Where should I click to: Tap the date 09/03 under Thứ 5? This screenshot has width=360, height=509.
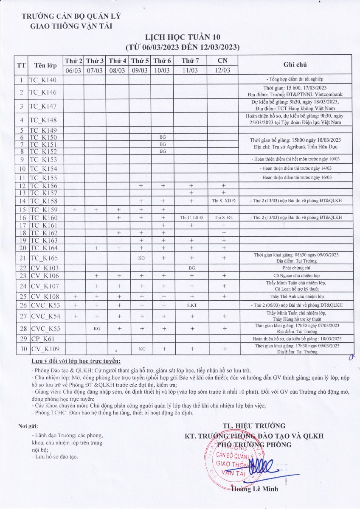(140, 70)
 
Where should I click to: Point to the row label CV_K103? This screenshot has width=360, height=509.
(45, 268)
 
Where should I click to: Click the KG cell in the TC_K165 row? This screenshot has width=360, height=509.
(140, 257)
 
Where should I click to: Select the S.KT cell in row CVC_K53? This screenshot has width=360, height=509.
(191, 305)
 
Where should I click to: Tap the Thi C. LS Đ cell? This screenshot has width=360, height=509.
(191, 218)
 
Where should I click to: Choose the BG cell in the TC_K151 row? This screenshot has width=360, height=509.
(162, 144)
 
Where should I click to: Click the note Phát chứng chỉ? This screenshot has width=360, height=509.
(295, 268)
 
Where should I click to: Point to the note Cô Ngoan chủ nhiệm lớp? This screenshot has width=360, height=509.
(295, 276)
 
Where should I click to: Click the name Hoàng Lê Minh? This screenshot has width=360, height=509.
(255, 489)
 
